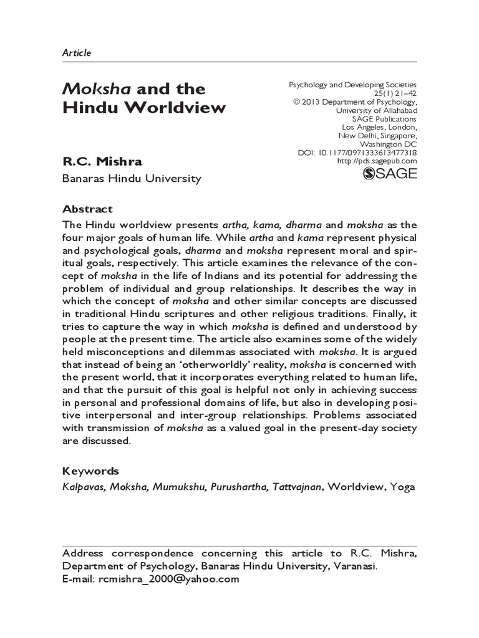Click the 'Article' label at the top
coord(77,53)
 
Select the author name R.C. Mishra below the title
coord(102,162)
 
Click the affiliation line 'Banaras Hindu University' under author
coord(131,179)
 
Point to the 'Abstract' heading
coord(88,209)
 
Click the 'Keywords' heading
coord(91,470)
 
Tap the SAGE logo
coord(389,174)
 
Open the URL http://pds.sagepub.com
coord(377,161)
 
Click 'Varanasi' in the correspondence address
coord(355,566)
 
